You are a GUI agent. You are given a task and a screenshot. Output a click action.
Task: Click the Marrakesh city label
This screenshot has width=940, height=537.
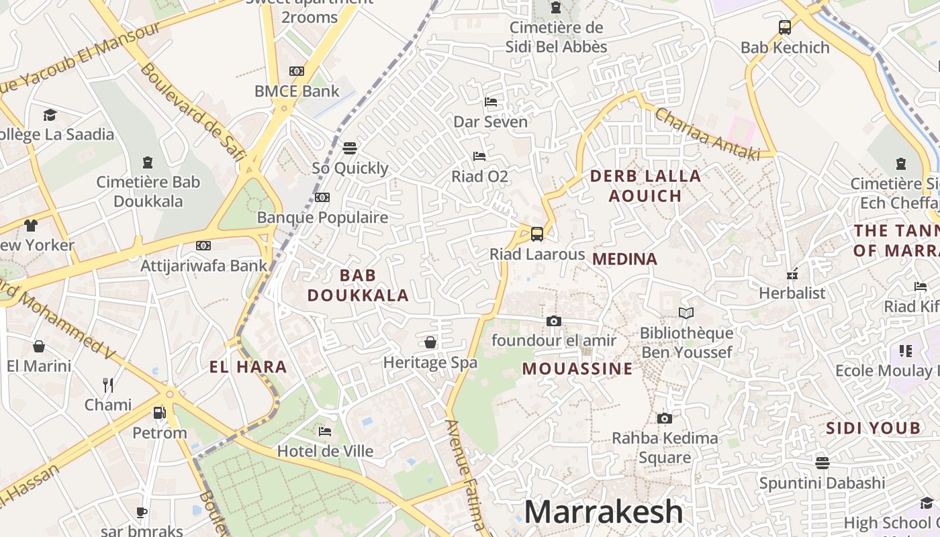[x=603, y=512]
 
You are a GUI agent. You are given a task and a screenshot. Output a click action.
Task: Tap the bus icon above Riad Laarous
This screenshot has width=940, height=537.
[x=537, y=234]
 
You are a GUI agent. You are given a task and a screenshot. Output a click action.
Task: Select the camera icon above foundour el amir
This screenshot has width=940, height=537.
[x=554, y=321]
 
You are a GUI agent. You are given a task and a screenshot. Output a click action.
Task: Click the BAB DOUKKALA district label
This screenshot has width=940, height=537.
[x=358, y=285]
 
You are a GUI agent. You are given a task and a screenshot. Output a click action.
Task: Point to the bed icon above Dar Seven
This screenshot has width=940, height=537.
[x=491, y=102]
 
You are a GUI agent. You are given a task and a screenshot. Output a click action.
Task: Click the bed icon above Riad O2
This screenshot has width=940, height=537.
[x=479, y=156]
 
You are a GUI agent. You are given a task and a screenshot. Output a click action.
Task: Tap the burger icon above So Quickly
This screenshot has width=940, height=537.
[x=350, y=148]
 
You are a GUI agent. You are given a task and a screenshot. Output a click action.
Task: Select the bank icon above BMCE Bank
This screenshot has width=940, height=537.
[x=297, y=71]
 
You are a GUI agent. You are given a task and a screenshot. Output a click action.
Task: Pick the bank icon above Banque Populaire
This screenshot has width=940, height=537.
[x=322, y=197]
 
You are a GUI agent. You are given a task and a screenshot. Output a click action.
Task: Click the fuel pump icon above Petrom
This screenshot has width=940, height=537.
[x=159, y=413]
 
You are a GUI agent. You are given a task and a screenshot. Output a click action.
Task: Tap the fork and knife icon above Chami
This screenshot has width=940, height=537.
[x=108, y=385]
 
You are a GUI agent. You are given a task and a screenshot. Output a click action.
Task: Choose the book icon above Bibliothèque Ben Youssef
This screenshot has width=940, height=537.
[x=686, y=313]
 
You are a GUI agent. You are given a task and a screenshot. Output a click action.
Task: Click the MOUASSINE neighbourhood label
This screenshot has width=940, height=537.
[x=577, y=369]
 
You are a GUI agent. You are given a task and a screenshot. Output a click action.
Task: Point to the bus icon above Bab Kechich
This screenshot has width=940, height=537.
[x=785, y=28]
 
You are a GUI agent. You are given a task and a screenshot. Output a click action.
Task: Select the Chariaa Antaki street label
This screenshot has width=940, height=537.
[x=707, y=134]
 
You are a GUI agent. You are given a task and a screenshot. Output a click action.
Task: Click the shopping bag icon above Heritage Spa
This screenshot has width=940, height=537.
[x=430, y=342]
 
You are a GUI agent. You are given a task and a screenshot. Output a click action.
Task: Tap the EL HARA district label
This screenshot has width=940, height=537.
[x=248, y=367]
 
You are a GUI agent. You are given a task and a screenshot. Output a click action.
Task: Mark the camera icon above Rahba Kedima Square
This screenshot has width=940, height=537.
[x=665, y=418]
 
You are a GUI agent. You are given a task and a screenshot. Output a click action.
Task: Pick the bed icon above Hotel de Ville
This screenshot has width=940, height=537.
[x=325, y=431]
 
